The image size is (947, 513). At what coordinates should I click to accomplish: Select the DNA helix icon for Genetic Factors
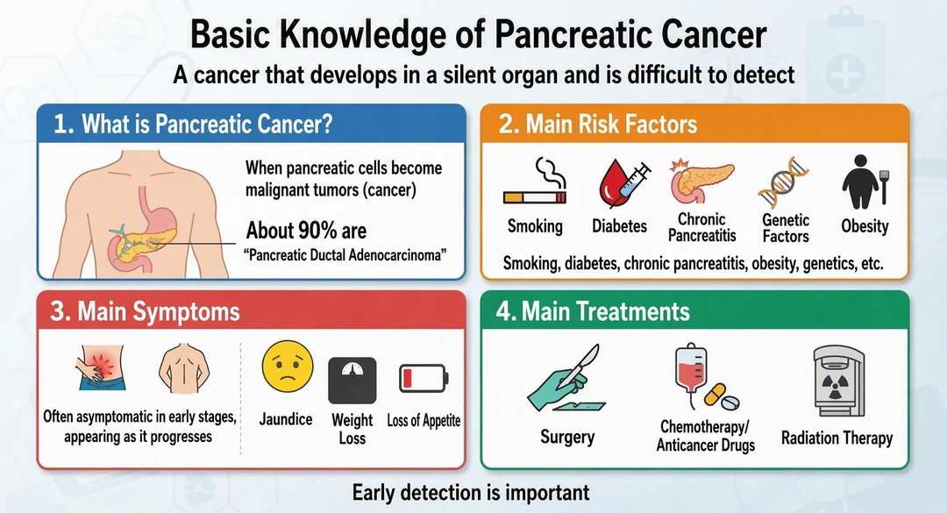pyautogui.click(x=783, y=182)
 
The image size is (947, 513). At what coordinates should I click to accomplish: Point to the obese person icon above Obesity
pyautogui.click(x=865, y=182)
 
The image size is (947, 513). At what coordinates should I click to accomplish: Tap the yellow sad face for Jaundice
pyautogui.click(x=288, y=367)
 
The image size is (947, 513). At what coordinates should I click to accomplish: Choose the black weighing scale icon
pyautogui.click(x=352, y=380)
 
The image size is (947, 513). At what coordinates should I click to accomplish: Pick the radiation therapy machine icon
pyautogui.click(x=839, y=381)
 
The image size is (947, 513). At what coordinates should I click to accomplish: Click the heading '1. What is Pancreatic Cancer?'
pyautogui.click(x=193, y=124)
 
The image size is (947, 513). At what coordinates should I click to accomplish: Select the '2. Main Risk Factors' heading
pyautogui.click(x=598, y=124)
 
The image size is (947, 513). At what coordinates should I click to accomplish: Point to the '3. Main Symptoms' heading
pyautogui.click(x=145, y=312)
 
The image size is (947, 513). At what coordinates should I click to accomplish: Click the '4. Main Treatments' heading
pyautogui.click(x=593, y=311)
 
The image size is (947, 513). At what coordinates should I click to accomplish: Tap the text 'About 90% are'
pyautogui.click(x=306, y=231)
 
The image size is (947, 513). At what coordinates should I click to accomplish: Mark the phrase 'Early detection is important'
pyautogui.click(x=471, y=493)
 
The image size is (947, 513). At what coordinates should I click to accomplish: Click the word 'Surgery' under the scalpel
pyautogui.click(x=567, y=437)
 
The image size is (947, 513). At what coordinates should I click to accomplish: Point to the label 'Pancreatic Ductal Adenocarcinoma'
pyautogui.click(x=345, y=255)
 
